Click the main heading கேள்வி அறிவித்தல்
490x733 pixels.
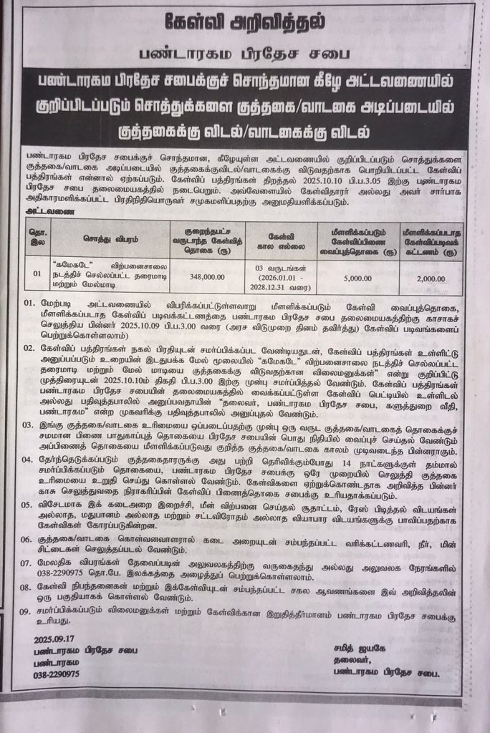(x=246, y=22)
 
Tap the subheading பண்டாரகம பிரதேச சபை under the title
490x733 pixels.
(x=245, y=54)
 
